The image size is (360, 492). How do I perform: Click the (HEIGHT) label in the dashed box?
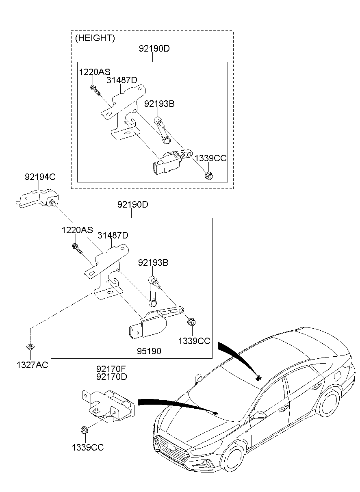pyautogui.click(x=95, y=38)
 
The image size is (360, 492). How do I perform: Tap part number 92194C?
pyautogui.click(x=40, y=177)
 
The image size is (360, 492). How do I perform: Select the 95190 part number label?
pyautogui.click(x=149, y=351)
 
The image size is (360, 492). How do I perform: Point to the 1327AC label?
pyautogui.click(x=32, y=365)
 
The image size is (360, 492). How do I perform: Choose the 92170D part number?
pyautogui.click(x=112, y=377)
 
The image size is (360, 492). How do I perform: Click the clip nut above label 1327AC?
pyautogui.click(x=30, y=347)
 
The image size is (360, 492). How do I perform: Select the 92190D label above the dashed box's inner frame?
pyautogui.click(x=154, y=48)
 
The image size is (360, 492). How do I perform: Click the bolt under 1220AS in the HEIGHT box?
pyautogui.click(x=95, y=90)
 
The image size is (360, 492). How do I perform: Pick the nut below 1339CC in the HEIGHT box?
pyautogui.click(x=208, y=176)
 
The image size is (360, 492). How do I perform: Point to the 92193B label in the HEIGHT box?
pyautogui.click(x=159, y=104)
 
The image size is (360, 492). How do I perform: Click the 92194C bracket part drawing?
pyautogui.click(x=37, y=198)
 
